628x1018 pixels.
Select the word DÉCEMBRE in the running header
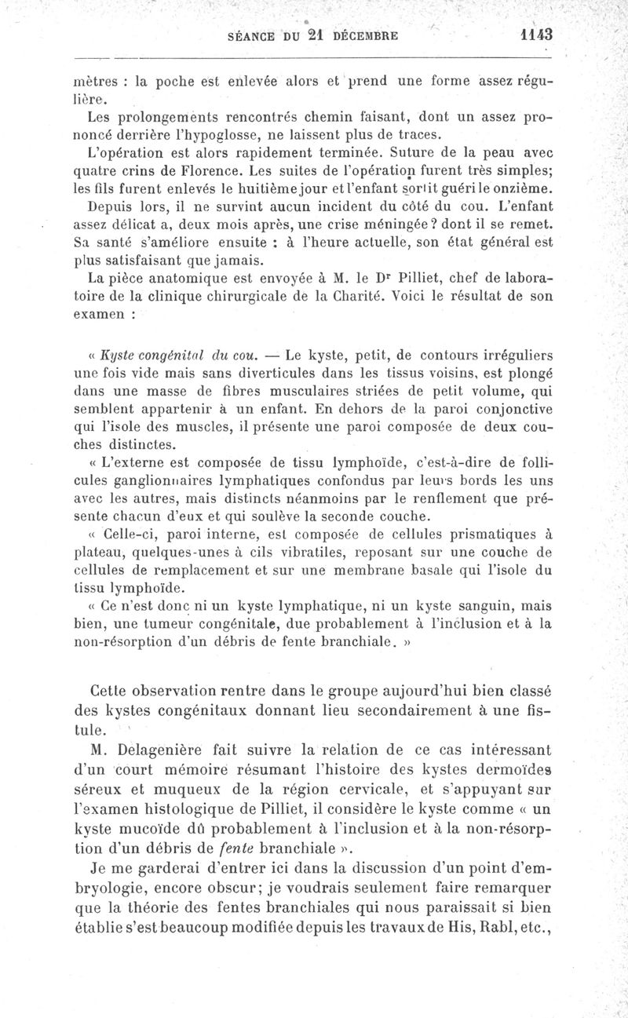tap(367, 35)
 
